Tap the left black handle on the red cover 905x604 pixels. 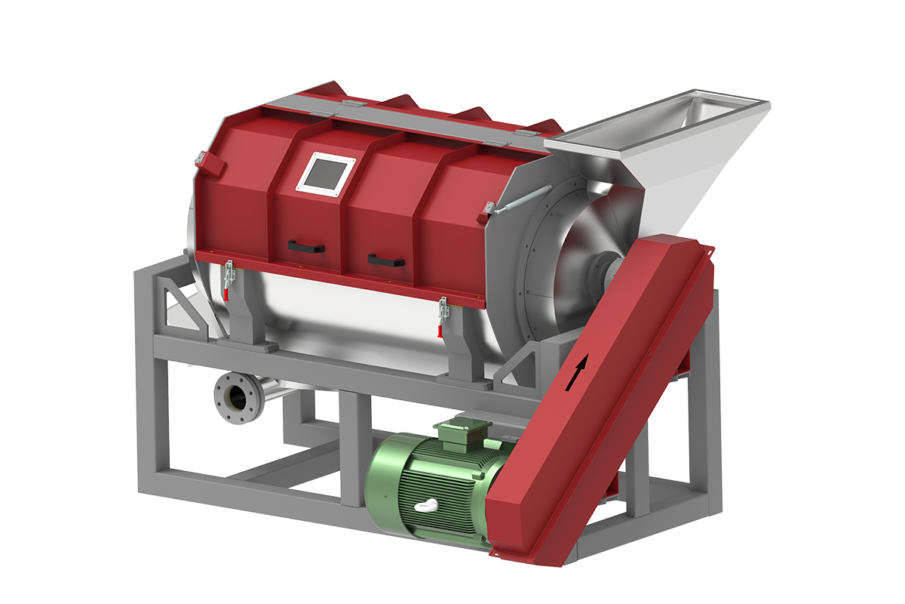306,247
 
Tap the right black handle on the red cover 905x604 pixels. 385,260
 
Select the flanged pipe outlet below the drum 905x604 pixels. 233,395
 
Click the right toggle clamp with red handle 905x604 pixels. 442,316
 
